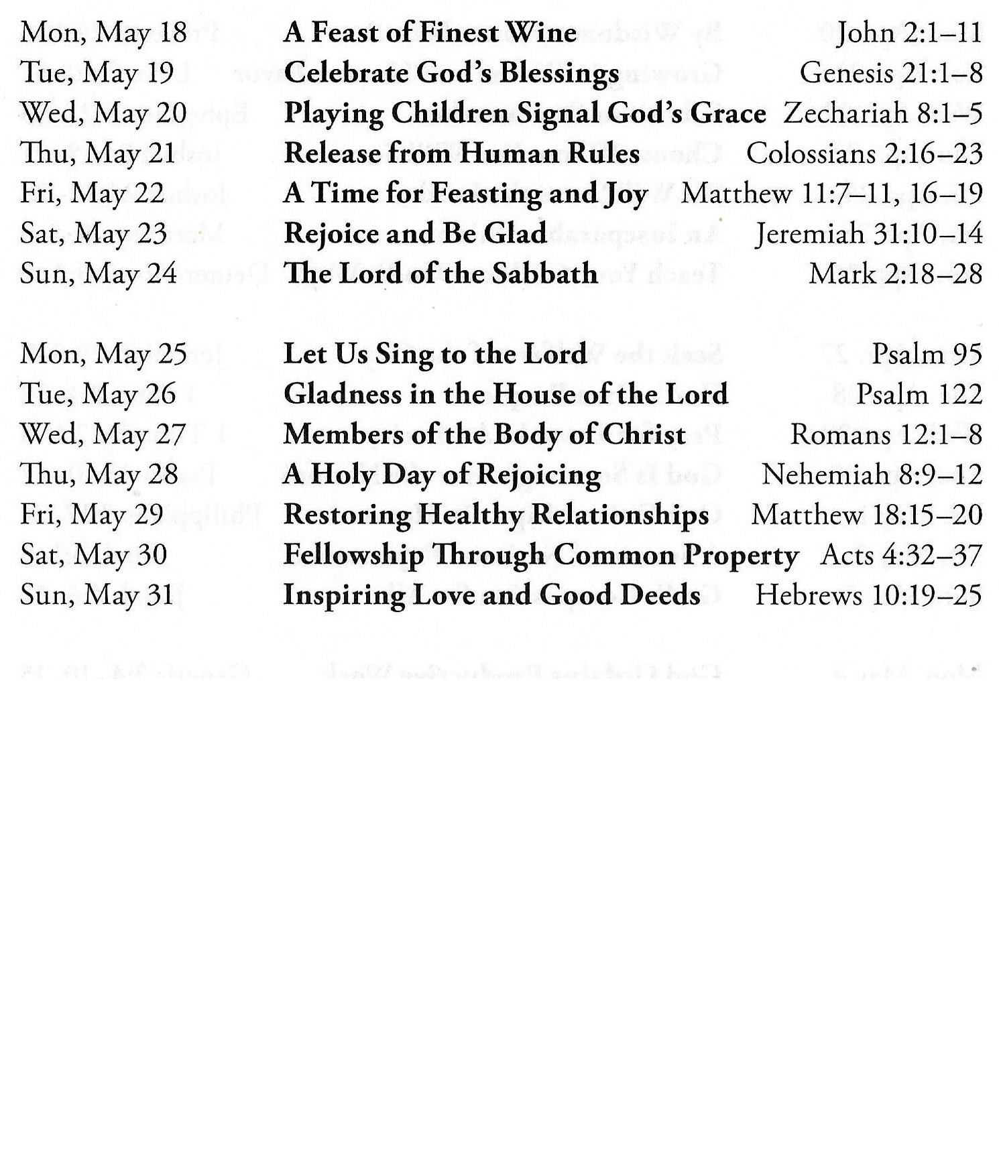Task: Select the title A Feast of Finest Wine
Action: pos(430,33)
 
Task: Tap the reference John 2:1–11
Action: pos(908,33)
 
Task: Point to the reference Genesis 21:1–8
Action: pos(890,73)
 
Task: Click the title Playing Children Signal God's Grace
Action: pos(524,113)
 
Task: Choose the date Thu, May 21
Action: pos(98,153)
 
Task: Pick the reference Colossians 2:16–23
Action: pos(864,153)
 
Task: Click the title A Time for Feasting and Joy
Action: pos(465,194)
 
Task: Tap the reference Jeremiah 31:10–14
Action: pos(869,234)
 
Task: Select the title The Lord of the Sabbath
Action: pos(440,273)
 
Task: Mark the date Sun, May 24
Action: pos(99,273)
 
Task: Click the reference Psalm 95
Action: pos(927,354)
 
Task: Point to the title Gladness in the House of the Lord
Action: pos(506,394)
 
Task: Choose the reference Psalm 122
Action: pos(919,394)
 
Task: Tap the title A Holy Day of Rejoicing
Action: pos(442,475)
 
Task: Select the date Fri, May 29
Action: pos(92,515)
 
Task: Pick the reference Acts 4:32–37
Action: pos(900,555)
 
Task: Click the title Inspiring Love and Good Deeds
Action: pos(491,595)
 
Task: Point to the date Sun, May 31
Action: pos(97,595)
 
